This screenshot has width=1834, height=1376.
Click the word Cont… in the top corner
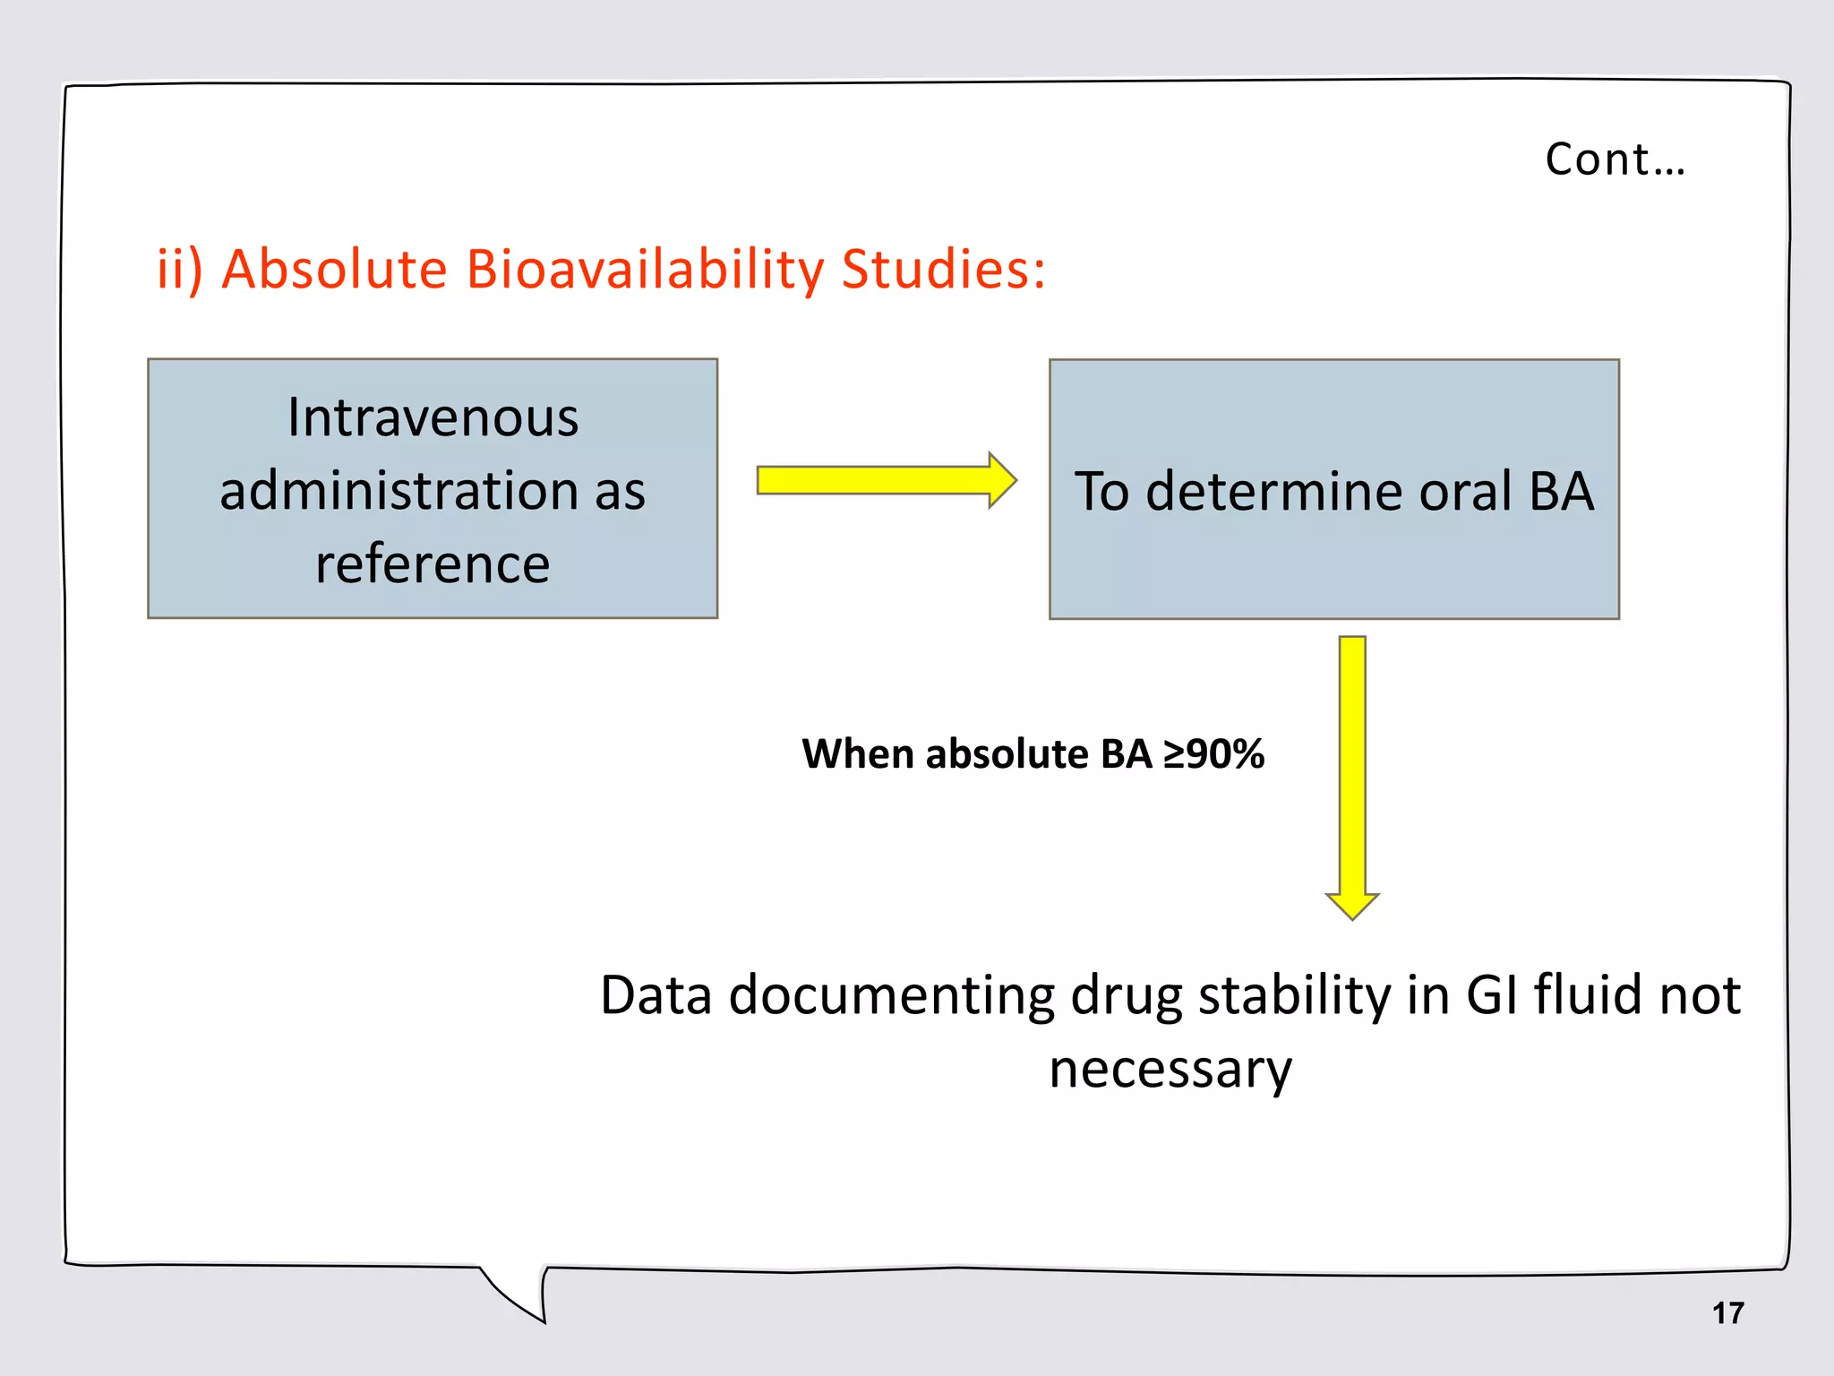(x=1615, y=159)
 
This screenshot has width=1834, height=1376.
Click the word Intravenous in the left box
(x=433, y=417)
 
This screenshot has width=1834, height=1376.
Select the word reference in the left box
(x=433, y=564)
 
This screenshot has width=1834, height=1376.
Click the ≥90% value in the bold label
(x=1213, y=753)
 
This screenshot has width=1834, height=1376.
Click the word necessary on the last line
(x=1170, y=1069)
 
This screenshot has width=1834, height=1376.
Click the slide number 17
(x=1727, y=1313)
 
